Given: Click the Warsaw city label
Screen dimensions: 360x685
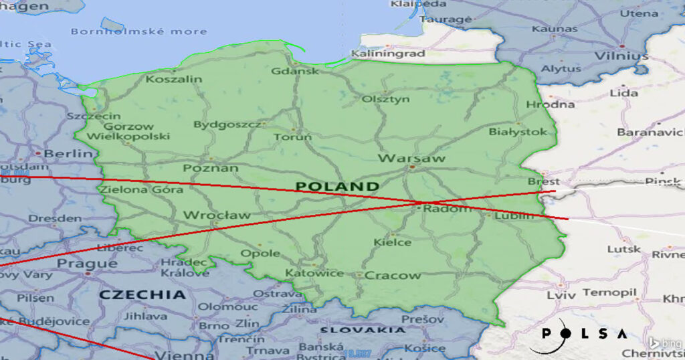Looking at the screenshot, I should [x=411, y=159].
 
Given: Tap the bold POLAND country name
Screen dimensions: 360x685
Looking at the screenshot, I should [x=337, y=186].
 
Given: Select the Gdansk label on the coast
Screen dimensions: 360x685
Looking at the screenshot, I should [x=295, y=71].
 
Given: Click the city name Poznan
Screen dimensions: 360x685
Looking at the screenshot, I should [x=211, y=168].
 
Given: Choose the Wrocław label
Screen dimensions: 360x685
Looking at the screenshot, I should [x=217, y=215].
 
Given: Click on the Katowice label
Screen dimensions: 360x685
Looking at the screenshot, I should [x=314, y=273].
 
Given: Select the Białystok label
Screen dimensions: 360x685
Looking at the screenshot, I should [x=518, y=132].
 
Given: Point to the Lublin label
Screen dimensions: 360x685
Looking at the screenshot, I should [x=514, y=215].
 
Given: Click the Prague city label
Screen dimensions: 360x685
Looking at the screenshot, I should [x=88, y=264].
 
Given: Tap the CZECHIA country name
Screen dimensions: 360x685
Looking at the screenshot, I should [x=142, y=294].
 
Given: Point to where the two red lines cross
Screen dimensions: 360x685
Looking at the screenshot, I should [x=427, y=202].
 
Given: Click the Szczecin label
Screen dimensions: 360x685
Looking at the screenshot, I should [x=94, y=116].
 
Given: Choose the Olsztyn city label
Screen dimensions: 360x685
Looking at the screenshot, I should [x=385, y=99].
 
